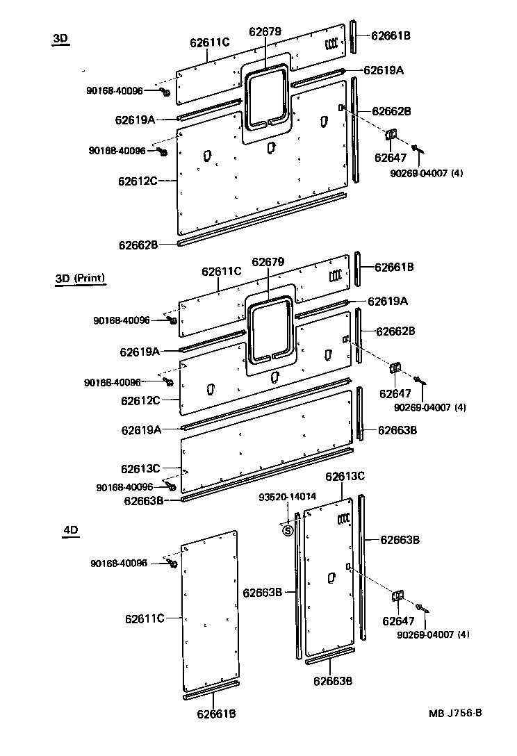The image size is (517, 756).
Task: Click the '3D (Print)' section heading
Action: click(x=80, y=278)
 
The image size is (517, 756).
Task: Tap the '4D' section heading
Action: click(x=71, y=530)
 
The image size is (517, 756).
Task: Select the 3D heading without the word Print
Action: click(x=61, y=39)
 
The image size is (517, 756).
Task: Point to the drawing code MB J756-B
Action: click(x=455, y=713)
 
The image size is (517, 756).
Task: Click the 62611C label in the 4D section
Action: click(x=145, y=618)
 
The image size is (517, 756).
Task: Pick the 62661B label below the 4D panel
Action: click(x=216, y=714)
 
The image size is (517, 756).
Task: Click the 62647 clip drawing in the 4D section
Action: click(x=398, y=597)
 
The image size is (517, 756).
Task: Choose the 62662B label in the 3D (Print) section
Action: click(x=396, y=331)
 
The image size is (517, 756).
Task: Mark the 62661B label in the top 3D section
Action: click(x=391, y=35)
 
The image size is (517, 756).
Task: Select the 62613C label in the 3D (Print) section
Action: click(x=140, y=468)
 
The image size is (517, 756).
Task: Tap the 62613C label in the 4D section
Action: click(x=345, y=476)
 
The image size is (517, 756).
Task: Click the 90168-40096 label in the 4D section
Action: click(x=119, y=563)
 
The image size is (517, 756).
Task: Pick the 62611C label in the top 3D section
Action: click(x=210, y=42)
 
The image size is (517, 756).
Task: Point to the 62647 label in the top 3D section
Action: click(x=391, y=158)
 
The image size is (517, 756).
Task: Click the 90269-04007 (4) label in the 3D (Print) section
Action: click(x=429, y=407)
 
